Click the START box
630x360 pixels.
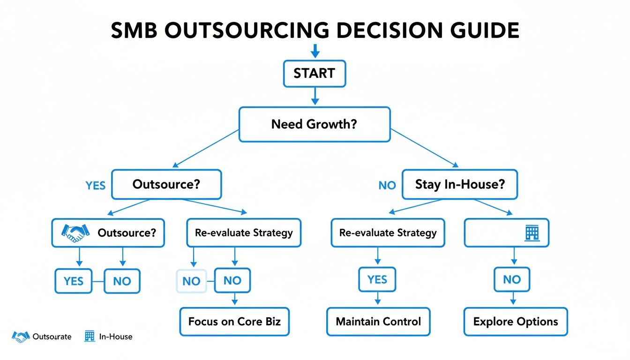[314, 74]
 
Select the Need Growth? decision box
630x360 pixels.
[314, 124]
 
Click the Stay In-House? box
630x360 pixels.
[459, 185]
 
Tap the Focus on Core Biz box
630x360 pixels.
[234, 322]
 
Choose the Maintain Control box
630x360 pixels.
[378, 322]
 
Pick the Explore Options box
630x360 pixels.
[515, 322]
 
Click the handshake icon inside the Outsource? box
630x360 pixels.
[75, 232]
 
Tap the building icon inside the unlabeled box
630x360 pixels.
[531, 232]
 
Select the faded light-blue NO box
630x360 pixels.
[191, 281]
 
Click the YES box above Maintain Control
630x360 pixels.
[377, 280]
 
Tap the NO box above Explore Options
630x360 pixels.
[511, 280]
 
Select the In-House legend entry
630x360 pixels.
[109, 336]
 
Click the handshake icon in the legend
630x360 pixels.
[21, 336]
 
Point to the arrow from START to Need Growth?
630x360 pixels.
[315, 96]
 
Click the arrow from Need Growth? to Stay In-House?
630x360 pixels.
[424, 148]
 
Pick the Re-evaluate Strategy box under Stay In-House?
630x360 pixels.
[388, 232]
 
